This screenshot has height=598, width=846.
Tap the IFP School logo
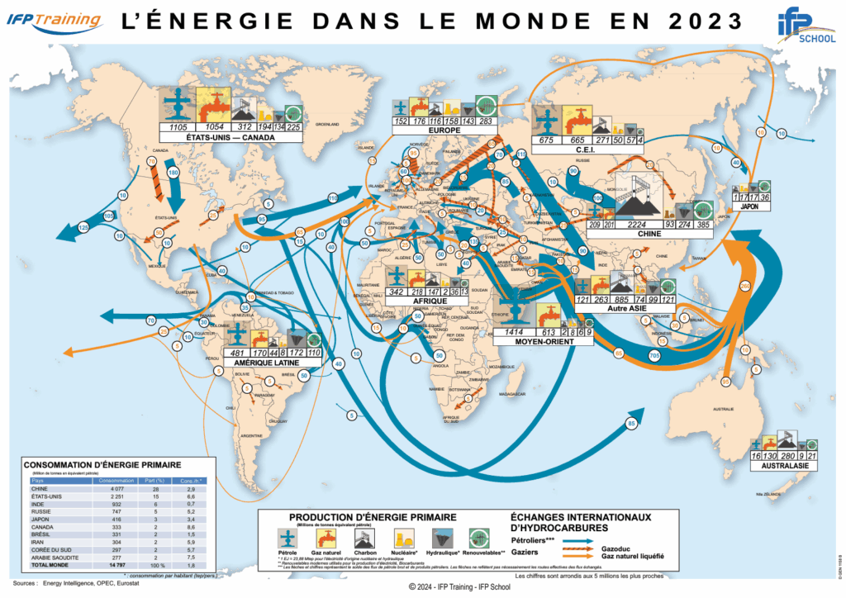coord(801,27)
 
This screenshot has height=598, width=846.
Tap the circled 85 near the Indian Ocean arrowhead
coord(632,424)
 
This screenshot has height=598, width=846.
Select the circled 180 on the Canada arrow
coord(173,172)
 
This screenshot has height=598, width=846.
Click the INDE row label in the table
coord(38,502)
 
